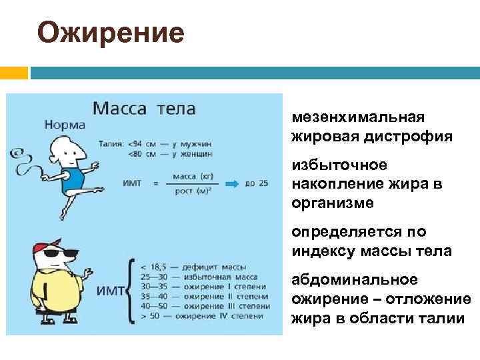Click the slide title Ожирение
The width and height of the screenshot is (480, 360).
(111, 32)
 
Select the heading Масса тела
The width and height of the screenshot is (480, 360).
(143, 107)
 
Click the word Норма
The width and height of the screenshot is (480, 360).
(65, 124)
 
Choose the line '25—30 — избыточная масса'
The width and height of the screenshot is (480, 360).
(197, 276)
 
